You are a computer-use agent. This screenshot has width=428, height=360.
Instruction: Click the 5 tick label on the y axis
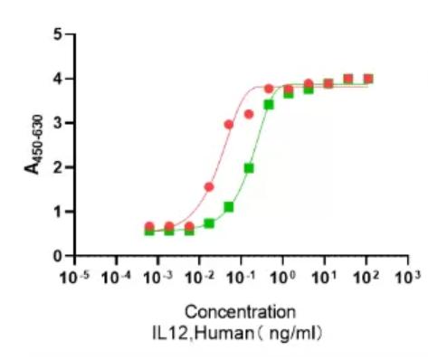(x=58, y=34)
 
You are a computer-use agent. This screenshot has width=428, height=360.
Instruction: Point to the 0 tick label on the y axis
(x=58, y=256)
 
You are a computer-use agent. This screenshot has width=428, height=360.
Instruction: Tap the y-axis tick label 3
(x=58, y=123)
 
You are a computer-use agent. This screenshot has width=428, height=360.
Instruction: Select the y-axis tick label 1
(x=58, y=212)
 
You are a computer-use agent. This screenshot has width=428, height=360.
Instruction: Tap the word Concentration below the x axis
(x=241, y=313)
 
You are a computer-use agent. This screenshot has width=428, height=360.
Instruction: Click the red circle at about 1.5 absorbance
(x=209, y=187)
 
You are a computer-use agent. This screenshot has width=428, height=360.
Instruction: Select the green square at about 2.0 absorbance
(x=249, y=168)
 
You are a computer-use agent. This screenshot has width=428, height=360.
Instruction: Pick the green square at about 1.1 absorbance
(x=229, y=207)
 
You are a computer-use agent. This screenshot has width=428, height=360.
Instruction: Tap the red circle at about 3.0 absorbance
(x=229, y=124)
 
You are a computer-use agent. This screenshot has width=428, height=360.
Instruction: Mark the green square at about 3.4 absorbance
(x=269, y=105)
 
